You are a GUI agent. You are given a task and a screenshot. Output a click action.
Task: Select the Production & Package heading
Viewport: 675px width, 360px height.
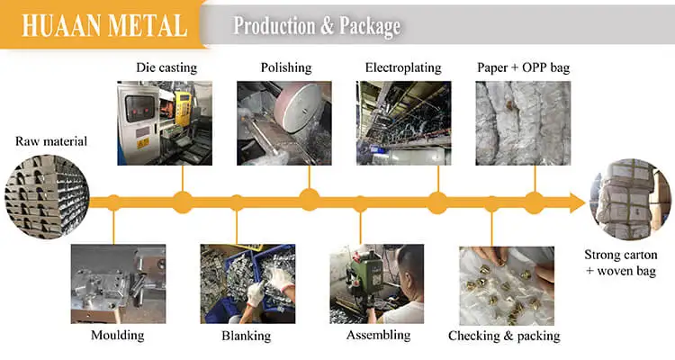tap(317, 26)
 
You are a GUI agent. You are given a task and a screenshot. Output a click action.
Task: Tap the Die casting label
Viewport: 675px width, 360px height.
tap(166, 67)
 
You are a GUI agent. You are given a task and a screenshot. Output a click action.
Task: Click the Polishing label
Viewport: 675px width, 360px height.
tap(286, 67)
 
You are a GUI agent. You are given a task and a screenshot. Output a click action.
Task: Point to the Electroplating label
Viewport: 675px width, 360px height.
tap(404, 67)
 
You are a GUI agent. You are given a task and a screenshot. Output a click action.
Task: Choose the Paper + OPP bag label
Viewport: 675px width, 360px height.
tap(523, 67)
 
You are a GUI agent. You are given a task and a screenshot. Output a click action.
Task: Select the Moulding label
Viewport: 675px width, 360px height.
tap(118, 336)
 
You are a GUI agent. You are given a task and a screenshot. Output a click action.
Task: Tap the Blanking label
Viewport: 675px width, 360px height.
tap(246, 336)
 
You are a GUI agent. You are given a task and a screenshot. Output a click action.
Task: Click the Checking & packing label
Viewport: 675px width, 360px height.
tap(504, 336)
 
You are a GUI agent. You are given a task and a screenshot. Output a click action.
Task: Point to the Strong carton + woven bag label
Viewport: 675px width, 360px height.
tap(626, 262)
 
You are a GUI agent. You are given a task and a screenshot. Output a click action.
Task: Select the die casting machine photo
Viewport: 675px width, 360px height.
tap(165, 123)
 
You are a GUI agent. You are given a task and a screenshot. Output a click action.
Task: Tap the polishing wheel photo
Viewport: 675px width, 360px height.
tap(284, 123)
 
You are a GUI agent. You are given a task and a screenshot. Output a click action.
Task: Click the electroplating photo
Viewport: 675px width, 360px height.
tap(403, 123)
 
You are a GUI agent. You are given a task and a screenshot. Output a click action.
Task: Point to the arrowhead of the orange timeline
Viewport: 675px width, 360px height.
tap(577, 202)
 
